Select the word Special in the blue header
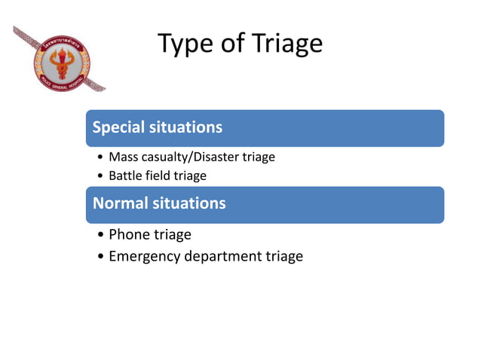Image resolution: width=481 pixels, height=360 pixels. [118, 127]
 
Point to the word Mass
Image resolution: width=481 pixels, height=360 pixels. [124, 157]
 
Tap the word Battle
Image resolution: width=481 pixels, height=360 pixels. [126, 175]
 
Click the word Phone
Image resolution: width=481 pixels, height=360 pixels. [129, 235]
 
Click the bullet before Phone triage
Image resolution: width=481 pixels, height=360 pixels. [101, 235]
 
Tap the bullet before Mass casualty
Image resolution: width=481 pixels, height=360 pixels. [101, 158]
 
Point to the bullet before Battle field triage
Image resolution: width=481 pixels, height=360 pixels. [101, 176]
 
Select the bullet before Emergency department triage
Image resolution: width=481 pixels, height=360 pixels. [101, 257]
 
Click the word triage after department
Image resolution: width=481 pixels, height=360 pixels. [284, 257]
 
